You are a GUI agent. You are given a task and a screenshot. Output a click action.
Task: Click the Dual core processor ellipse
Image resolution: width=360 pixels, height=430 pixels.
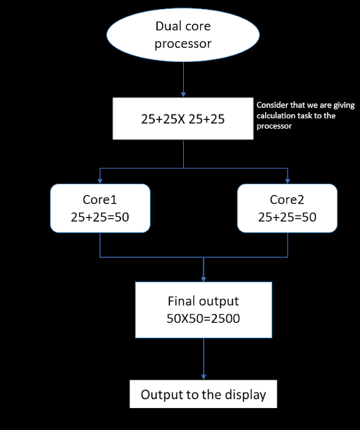pyautogui.click(x=183, y=35)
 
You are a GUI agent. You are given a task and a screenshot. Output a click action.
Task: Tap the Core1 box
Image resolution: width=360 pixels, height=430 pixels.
pyautogui.click(x=100, y=207)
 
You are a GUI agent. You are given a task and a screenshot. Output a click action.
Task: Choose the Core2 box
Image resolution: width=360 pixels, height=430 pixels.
pyautogui.click(x=287, y=207)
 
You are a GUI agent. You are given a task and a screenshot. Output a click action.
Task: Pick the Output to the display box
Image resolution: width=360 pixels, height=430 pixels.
pyautogui.click(x=203, y=395)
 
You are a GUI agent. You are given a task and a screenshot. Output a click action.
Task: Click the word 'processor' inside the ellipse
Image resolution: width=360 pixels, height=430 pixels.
pyautogui.click(x=183, y=43)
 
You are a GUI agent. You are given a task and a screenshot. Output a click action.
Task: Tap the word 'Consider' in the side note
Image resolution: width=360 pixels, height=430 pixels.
pyautogui.click(x=271, y=105)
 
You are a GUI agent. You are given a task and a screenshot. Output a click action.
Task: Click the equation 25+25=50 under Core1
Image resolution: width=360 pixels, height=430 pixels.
pyautogui.click(x=100, y=217)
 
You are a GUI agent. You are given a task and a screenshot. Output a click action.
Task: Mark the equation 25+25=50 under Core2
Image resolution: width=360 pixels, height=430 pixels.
pyautogui.click(x=287, y=217)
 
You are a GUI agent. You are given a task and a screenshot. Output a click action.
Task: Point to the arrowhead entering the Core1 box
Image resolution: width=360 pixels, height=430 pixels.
pyautogui.click(x=100, y=181)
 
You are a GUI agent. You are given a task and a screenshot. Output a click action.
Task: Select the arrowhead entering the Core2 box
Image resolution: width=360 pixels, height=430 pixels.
pyautogui.click(x=287, y=181)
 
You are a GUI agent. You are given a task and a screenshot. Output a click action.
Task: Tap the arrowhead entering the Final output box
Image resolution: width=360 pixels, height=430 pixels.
pyautogui.click(x=203, y=279)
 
